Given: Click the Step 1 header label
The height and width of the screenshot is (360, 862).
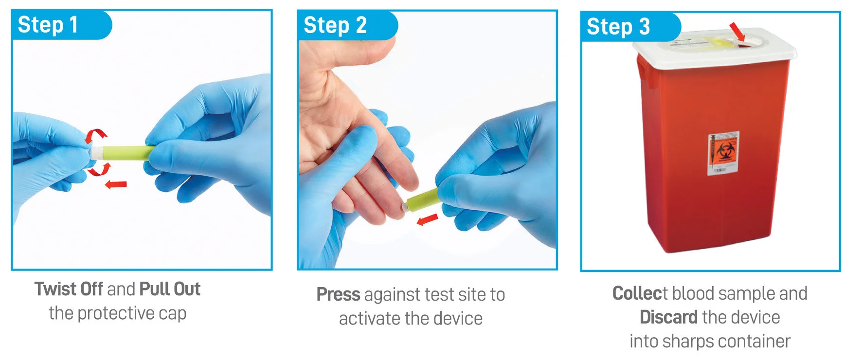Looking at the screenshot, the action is click(48, 24).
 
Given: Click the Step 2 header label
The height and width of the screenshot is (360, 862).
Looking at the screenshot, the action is click(335, 25).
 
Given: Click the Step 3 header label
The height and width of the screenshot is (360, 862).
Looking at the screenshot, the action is click(618, 26).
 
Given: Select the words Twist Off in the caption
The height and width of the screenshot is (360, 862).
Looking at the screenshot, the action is click(69, 289).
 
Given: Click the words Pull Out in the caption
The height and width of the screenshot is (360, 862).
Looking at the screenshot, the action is click(170, 289).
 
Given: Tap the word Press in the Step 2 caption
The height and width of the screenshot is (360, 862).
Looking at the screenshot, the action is click(338, 294).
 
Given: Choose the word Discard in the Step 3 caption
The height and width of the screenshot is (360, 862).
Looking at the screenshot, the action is click(668, 317).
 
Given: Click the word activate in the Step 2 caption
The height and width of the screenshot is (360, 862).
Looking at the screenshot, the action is click(370, 319).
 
